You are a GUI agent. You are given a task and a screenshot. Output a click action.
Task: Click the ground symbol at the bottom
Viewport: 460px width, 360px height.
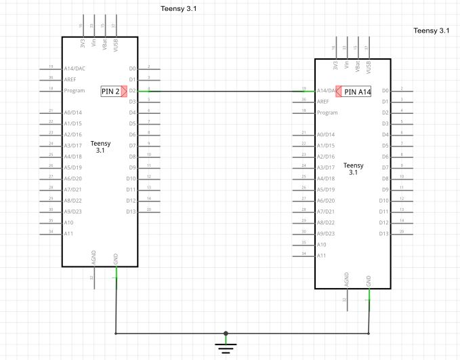(226, 348)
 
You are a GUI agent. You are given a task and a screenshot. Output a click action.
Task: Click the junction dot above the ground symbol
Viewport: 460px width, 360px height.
(226, 334)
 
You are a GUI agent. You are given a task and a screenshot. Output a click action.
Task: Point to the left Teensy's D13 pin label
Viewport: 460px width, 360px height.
(131, 212)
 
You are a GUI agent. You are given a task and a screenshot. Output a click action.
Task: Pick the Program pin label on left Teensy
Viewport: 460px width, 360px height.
(73, 90)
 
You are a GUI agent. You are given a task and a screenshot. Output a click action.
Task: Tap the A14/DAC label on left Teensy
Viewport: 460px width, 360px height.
(74, 68)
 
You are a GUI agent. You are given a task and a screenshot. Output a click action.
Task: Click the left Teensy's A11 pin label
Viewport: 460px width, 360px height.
(68, 233)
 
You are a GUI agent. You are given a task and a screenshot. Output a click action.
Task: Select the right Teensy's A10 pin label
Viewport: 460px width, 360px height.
(322, 244)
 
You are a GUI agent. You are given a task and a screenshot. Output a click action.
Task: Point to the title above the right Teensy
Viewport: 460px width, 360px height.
(432, 31)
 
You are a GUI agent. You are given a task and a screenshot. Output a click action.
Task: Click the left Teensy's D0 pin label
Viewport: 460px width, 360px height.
(132, 68)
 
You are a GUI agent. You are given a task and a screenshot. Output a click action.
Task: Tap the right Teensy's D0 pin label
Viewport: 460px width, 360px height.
(385, 90)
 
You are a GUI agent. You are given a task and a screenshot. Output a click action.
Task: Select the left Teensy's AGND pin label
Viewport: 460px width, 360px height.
(93, 258)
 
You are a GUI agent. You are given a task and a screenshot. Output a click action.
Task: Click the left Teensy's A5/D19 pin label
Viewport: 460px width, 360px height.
(72, 167)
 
